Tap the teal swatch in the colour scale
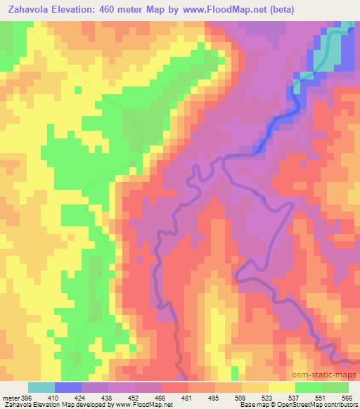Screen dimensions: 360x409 (x=41, y=387)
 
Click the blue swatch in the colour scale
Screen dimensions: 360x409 (x=68, y=387)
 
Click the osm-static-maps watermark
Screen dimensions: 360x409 (x=325, y=373)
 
